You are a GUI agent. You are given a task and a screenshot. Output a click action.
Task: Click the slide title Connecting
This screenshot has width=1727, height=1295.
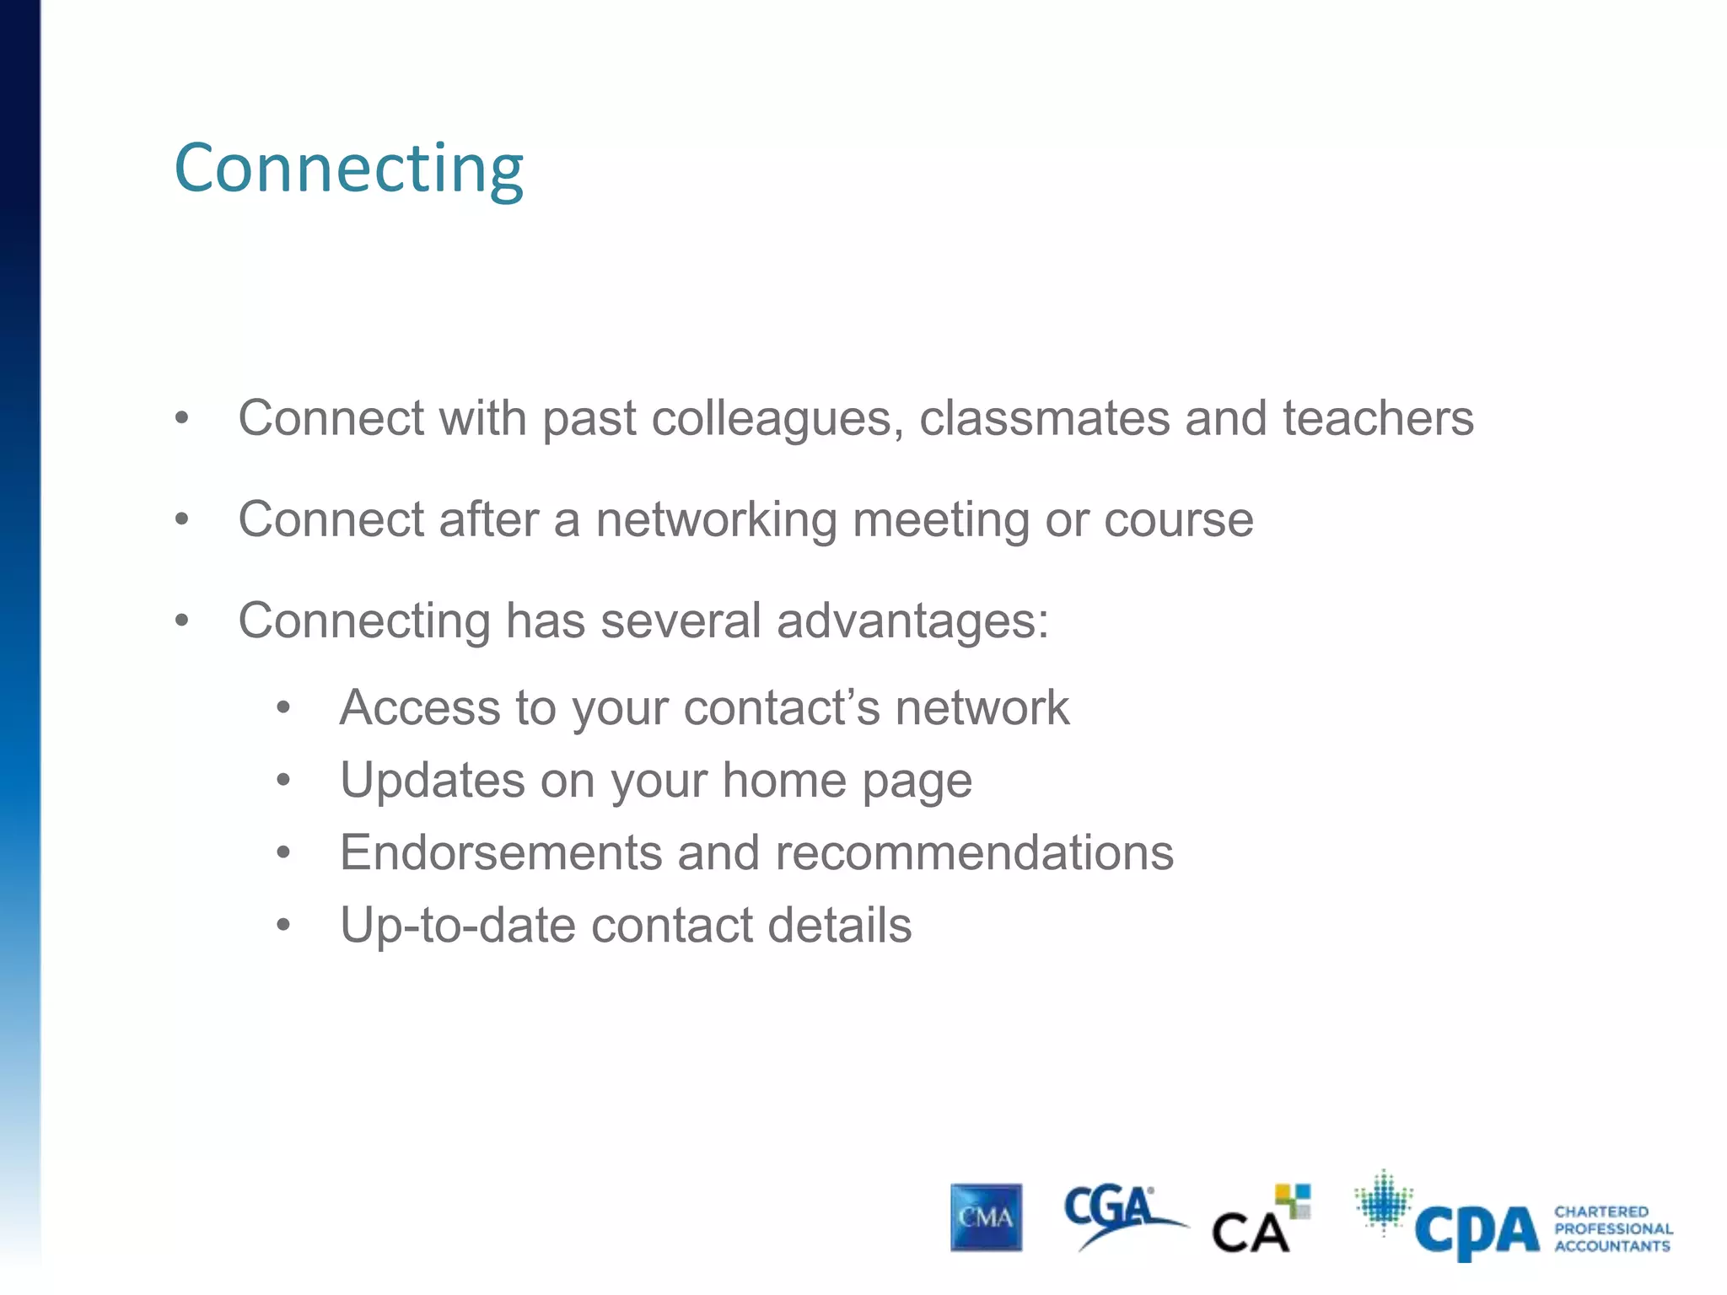click(x=348, y=169)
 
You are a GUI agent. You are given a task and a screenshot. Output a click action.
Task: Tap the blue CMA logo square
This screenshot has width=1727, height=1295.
click(x=986, y=1217)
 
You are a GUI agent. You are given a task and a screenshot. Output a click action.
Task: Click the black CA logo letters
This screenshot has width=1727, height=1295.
click(x=1250, y=1233)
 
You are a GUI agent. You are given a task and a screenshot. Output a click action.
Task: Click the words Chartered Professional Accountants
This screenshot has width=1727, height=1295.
click(x=1612, y=1228)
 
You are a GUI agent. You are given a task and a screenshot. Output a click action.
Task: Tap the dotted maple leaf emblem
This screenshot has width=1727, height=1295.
click(x=1383, y=1201)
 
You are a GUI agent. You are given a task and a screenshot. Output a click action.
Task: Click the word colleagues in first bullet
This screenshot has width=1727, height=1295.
click(x=771, y=418)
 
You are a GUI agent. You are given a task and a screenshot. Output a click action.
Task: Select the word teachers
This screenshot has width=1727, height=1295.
click(x=1378, y=418)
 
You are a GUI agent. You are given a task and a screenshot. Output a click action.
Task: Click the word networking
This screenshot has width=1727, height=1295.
click(x=716, y=519)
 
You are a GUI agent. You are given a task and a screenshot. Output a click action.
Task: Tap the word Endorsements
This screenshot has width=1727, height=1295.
click(x=501, y=852)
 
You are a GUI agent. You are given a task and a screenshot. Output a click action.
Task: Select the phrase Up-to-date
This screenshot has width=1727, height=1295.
click(x=458, y=925)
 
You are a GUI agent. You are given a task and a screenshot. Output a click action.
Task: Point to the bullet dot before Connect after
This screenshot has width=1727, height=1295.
click(x=182, y=520)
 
